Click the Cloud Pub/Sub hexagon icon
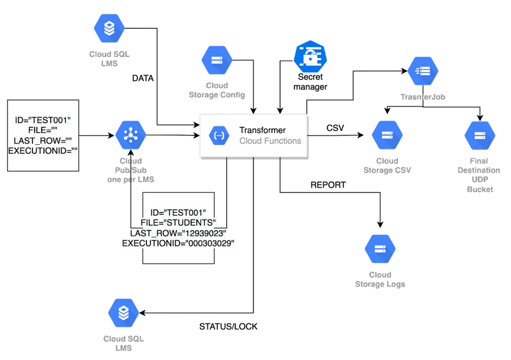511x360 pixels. point(131,135)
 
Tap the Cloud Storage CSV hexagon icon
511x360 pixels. point(387,135)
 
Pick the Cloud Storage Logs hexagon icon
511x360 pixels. point(379,248)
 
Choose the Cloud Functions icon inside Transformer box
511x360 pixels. point(218,135)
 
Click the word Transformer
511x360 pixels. point(262,130)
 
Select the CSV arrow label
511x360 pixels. point(335,128)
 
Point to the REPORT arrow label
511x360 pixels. point(328,185)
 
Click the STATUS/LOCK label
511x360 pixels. point(229,327)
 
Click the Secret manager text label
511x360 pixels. point(310,82)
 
